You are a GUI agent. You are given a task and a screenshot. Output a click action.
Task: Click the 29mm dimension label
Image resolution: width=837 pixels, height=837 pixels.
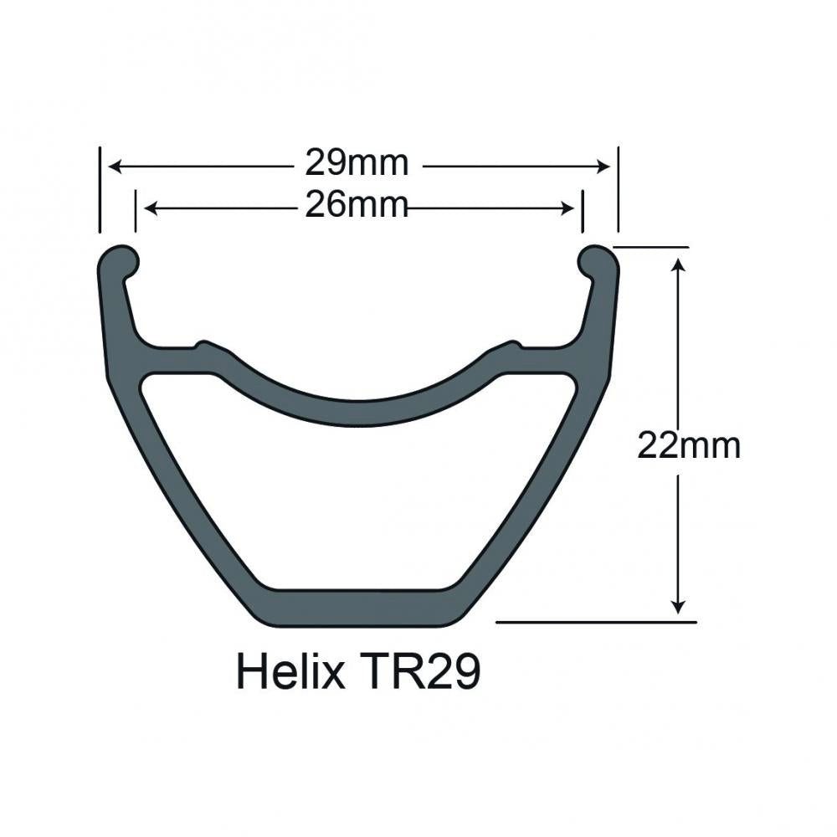coord(357,164)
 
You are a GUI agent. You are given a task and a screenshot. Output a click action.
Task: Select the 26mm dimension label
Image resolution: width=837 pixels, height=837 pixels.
coord(357,205)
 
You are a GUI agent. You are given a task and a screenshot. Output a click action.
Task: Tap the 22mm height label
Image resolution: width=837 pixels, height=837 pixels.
coord(689,445)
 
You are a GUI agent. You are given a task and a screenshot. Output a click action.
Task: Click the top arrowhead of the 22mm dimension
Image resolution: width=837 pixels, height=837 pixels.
coord(679,264)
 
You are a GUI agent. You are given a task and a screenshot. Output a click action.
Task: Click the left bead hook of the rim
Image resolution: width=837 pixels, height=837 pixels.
coord(121,260)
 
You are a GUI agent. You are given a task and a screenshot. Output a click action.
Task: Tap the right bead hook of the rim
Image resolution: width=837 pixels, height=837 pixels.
coord(596,260)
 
